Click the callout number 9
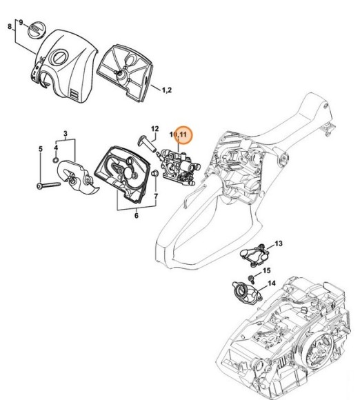(21, 22)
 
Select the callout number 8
(10, 26)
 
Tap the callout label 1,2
(167, 90)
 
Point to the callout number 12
(155, 129)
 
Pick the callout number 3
(66, 133)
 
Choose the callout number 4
(56, 148)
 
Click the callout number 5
(41, 149)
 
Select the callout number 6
(137, 216)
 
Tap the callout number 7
(156, 196)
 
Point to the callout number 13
(279, 243)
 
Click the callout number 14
(272, 283)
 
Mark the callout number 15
(266, 270)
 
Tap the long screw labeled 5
(48, 185)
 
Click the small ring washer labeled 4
(55, 160)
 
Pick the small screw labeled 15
(251, 279)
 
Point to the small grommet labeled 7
(154, 173)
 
